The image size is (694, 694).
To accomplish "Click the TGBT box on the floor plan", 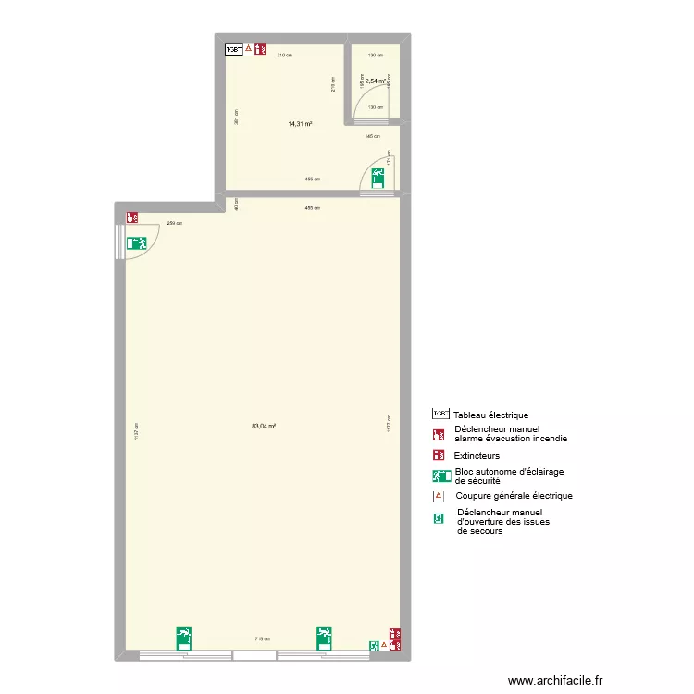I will (233, 50).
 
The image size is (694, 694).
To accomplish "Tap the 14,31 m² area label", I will (300, 123).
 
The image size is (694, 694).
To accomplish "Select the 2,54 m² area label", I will (375, 81).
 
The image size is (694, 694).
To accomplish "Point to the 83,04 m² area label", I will (264, 427).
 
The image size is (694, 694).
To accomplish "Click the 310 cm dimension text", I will (283, 56).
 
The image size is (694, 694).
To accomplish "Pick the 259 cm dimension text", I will (174, 223).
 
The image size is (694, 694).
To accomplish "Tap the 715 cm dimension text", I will (263, 638).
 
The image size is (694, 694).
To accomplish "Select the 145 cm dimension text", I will (372, 136).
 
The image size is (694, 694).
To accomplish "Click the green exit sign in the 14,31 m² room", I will (379, 177).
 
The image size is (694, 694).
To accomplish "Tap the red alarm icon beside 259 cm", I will (133, 217).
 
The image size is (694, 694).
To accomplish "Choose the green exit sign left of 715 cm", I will (184, 638).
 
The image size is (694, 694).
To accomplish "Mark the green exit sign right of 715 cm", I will (325, 638).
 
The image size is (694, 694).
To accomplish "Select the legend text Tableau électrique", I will (490, 415).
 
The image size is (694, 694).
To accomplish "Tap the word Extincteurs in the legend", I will (477, 456).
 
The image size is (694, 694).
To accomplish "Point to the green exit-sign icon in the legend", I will (440, 477).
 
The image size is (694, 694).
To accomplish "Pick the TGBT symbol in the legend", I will (440, 415).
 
